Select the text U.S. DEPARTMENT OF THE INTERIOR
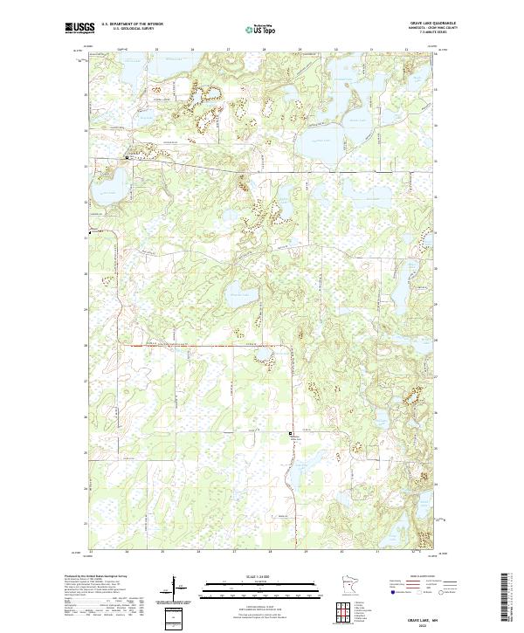pyautogui.click(x=133, y=24)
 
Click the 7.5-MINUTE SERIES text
pyautogui.click(x=431, y=33)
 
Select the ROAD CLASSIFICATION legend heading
pyautogui.click(x=423, y=575)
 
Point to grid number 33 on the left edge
pyautogui.click(x=86, y=167)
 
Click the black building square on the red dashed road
pyautogui.click(x=291, y=432)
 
